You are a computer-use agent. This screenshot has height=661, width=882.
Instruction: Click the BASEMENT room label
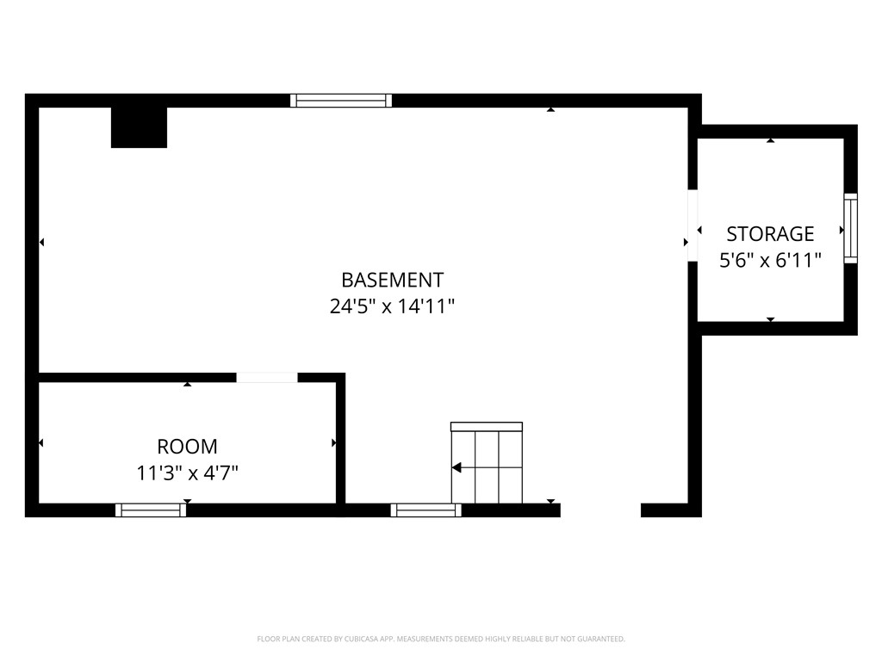tap(392, 280)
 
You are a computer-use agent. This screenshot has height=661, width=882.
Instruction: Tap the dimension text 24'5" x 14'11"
tap(392, 306)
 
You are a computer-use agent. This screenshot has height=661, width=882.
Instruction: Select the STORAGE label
tap(770, 233)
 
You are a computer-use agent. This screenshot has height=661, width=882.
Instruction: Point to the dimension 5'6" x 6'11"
tap(770, 259)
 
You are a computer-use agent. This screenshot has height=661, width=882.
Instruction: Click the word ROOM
tap(187, 447)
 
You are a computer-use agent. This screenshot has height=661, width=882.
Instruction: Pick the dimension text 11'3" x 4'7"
tap(187, 473)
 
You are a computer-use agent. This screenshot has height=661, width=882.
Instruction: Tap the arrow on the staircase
tap(457, 467)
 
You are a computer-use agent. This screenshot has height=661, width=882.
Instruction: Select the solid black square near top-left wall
tap(139, 127)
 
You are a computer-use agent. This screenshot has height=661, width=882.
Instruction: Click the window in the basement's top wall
tap(341, 101)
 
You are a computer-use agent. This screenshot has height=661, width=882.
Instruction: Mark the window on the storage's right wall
tap(850, 228)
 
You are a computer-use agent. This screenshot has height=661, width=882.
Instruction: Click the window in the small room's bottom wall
tap(151, 510)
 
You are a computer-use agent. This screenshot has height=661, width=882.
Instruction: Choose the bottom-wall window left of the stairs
tap(425, 510)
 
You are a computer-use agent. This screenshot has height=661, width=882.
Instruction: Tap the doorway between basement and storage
tap(692, 225)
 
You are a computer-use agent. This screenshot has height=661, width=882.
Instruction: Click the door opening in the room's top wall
tap(267, 377)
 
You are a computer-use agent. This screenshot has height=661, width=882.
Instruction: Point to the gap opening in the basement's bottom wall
tap(600, 510)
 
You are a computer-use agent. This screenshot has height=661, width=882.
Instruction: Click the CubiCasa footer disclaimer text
tap(441, 639)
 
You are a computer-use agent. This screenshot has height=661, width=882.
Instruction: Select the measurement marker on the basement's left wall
tap(41, 243)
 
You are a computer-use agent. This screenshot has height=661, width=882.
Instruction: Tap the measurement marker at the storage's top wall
tap(770, 139)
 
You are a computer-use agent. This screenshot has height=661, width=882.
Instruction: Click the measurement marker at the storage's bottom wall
tap(770, 319)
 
